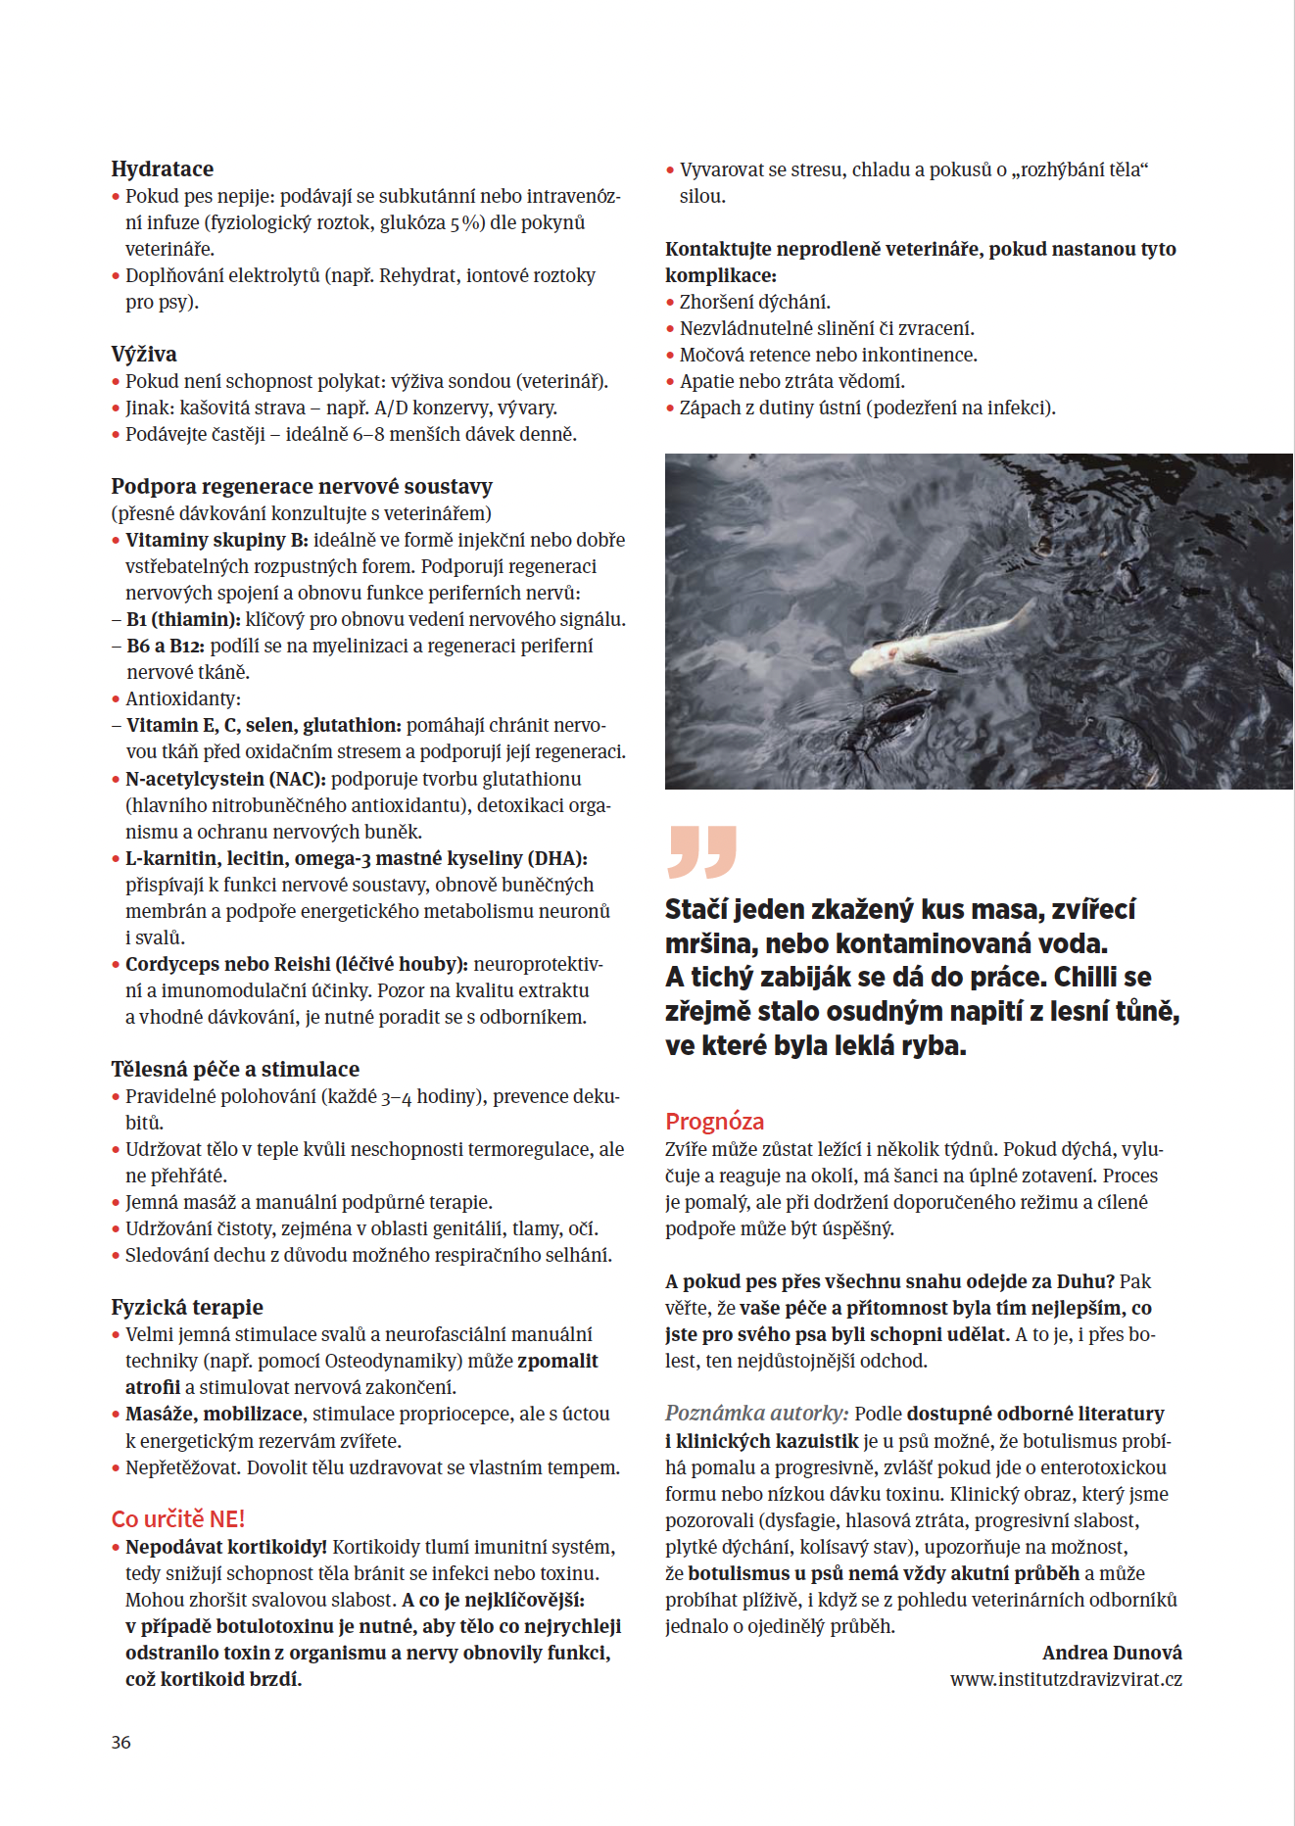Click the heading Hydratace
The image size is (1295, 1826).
click(x=162, y=168)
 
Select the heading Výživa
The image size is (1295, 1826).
click(x=144, y=354)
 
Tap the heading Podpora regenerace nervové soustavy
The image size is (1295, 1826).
click(x=302, y=486)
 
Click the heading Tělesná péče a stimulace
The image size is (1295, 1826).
click(x=235, y=1069)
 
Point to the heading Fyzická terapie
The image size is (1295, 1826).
click(x=187, y=1307)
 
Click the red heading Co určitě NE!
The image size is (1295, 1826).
click(x=177, y=1518)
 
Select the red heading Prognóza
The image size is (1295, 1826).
click(x=714, y=1121)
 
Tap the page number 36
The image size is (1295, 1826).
click(x=120, y=1742)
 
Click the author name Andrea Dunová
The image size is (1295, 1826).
click(x=1112, y=1653)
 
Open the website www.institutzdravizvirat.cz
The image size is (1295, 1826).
click(x=1066, y=1679)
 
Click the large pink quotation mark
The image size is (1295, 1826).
click(x=701, y=851)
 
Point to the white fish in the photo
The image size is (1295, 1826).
click(x=931, y=641)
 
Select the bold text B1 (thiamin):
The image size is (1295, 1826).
click(x=183, y=619)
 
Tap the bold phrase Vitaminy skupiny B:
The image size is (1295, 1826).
click(x=216, y=540)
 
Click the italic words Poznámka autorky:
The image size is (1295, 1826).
click(x=756, y=1414)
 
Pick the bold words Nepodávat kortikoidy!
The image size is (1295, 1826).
click(x=225, y=1547)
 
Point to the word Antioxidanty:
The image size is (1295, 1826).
click(x=182, y=698)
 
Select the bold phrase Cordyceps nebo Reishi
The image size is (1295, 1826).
click(x=227, y=964)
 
